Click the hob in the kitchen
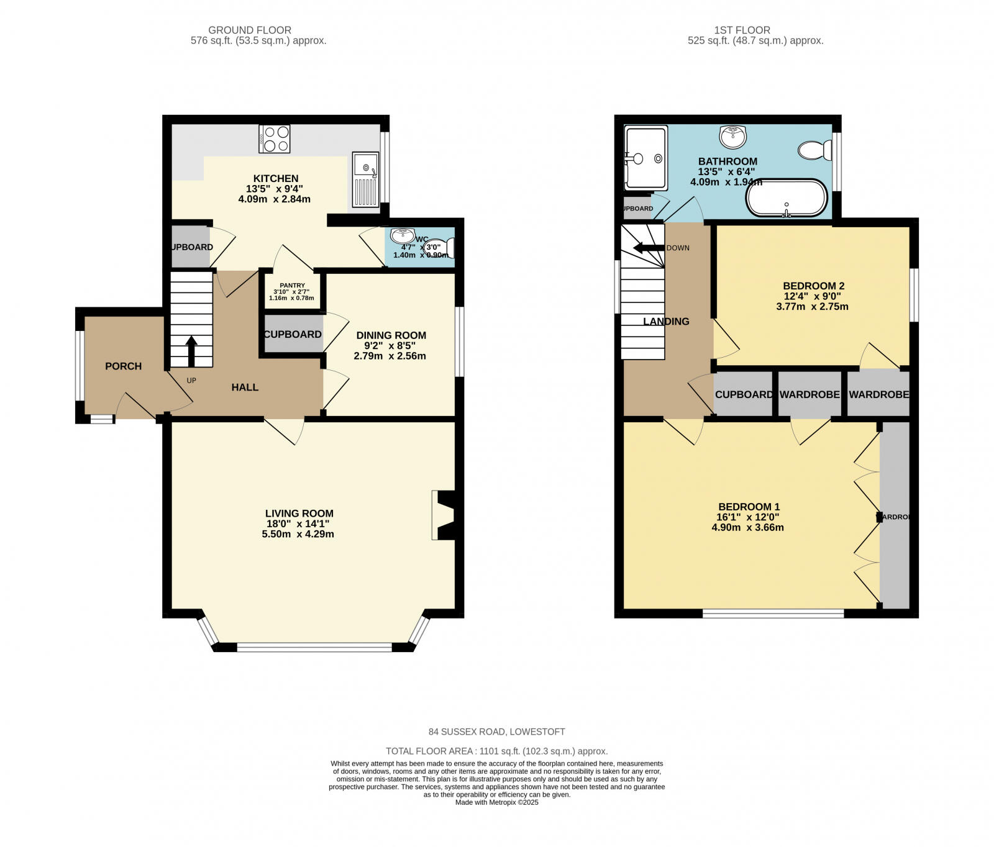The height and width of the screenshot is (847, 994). pyautogui.click(x=274, y=139)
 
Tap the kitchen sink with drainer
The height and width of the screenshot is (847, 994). pyautogui.click(x=365, y=179)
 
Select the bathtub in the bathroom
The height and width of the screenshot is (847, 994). pyautogui.click(x=787, y=198)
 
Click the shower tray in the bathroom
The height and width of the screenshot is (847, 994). pyautogui.click(x=646, y=158)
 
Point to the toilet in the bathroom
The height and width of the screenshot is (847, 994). pyautogui.click(x=814, y=150)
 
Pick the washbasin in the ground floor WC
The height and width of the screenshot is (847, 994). pyautogui.click(x=403, y=235)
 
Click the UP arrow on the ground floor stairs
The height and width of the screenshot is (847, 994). pyautogui.click(x=191, y=351)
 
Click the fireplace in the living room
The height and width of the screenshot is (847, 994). pyautogui.click(x=444, y=515)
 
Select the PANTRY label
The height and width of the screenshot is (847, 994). pyautogui.click(x=292, y=285)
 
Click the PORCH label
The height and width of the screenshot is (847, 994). pyautogui.click(x=123, y=366)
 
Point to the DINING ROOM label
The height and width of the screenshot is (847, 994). pyautogui.click(x=391, y=335)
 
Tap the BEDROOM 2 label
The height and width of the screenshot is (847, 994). pyautogui.click(x=813, y=286)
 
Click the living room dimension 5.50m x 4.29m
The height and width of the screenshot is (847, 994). pyautogui.click(x=298, y=534)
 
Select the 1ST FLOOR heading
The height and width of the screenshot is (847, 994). pyautogui.click(x=742, y=30)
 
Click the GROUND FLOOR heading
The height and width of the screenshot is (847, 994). pyautogui.click(x=250, y=30)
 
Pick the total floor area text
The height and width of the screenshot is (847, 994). pyautogui.click(x=496, y=751)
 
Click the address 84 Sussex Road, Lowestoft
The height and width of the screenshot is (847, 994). pyautogui.click(x=496, y=731)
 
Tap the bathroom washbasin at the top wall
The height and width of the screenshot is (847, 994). pyautogui.click(x=734, y=136)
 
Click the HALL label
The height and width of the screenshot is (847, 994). pyautogui.click(x=245, y=387)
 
